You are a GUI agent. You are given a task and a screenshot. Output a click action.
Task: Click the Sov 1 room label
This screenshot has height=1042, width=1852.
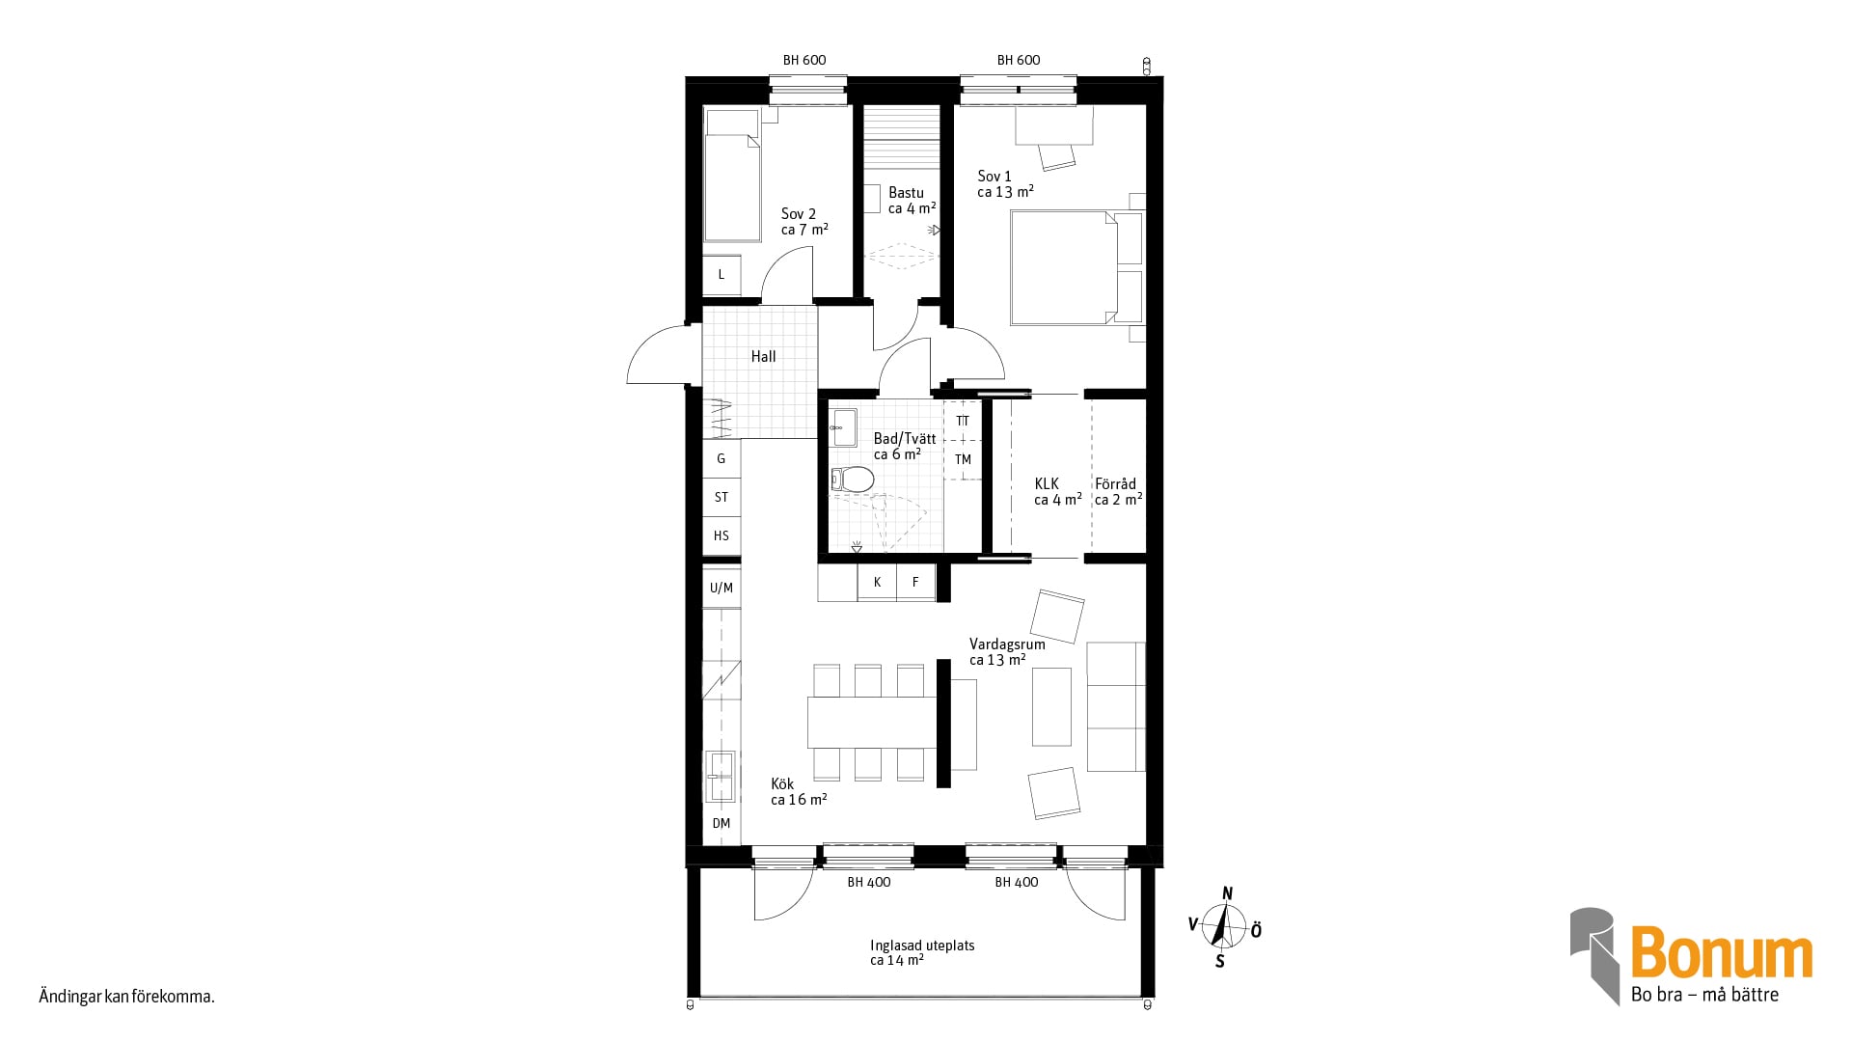pyautogui.click(x=994, y=177)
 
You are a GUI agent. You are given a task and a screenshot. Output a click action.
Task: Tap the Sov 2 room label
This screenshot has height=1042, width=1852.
pyautogui.click(x=799, y=214)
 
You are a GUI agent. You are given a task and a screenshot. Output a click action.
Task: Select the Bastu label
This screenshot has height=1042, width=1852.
pyautogui.click(x=907, y=193)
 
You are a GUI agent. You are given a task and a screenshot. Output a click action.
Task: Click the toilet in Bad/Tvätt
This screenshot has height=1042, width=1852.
pyautogui.click(x=853, y=480)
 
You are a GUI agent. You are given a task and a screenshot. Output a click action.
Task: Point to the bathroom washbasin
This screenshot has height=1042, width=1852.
pyautogui.click(x=845, y=427)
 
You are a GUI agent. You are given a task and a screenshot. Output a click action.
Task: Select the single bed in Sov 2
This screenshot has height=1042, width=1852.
pyautogui.click(x=732, y=175)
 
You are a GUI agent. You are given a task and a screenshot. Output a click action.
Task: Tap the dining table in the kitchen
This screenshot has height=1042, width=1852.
pyautogui.click(x=872, y=722)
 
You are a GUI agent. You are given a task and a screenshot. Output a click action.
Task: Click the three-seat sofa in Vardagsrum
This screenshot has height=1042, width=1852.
pyautogui.click(x=1116, y=706)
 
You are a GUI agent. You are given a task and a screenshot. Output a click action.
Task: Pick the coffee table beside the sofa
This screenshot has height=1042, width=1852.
pyautogui.click(x=1051, y=706)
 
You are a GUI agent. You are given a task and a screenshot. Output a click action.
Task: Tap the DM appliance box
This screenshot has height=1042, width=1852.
pyautogui.click(x=722, y=824)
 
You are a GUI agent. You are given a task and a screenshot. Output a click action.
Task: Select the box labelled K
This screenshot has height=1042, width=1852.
pyautogui.click(x=877, y=583)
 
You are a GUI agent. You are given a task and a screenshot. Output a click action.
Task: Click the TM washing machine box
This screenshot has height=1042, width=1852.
pyautogui.click(x=963, y=460)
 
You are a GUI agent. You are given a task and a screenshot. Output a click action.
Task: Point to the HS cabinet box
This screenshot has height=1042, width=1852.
pyautogui.click(x=722, y=535)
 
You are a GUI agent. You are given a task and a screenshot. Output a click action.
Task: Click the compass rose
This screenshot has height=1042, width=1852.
pyautogui.click(x=1226, y=927)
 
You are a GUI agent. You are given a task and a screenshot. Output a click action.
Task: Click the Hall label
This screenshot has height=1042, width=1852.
pyautogui.click(x=763, y=357)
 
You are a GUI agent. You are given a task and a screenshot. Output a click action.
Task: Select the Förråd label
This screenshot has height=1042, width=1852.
pyautogui.click(x=1115, y=484)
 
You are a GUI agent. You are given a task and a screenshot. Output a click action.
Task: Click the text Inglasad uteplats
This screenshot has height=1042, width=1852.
pyautogui.click(x=922, y=946)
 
